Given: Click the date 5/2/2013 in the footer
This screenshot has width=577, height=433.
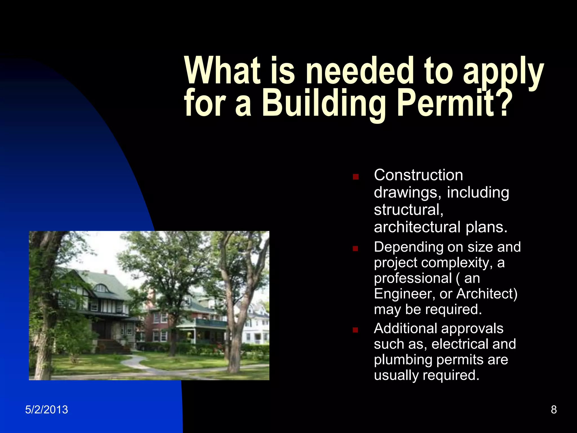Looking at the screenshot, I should pos(46,410).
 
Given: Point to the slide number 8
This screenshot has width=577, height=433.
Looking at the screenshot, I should pos(554,410).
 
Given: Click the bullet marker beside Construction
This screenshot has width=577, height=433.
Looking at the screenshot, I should pos(356,177).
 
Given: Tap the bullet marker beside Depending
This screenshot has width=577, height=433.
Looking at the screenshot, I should pos(356,249).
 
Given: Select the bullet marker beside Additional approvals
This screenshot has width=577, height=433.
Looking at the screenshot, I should pos(356,330).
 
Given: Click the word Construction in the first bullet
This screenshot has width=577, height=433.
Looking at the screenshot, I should pos(418,175).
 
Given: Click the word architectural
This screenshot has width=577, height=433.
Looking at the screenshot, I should pos(417,227).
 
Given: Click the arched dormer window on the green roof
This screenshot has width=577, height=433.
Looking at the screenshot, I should pos(101,288).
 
